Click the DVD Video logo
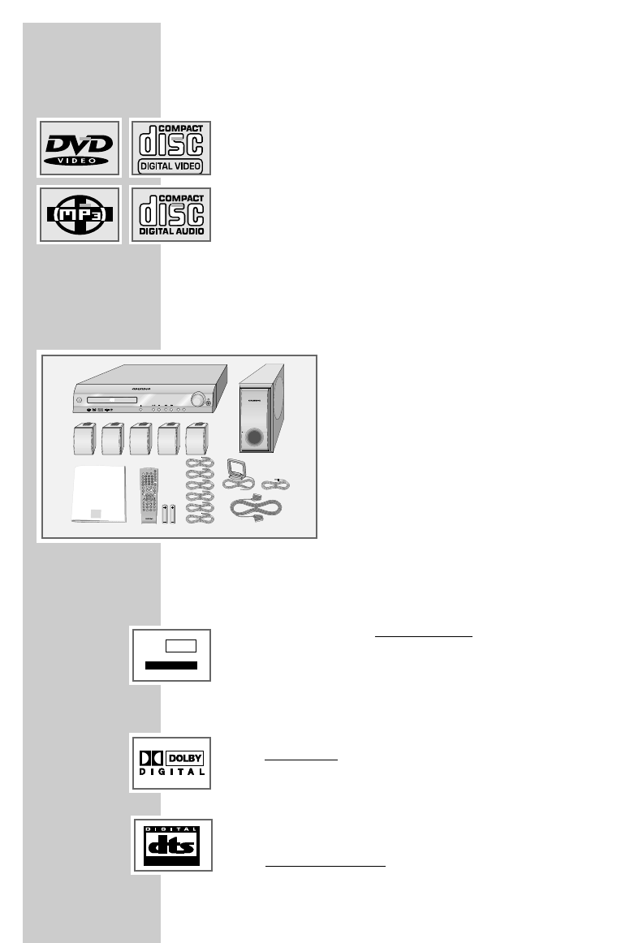(79, 147)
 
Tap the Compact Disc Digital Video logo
(170, 147)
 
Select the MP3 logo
(79, 215)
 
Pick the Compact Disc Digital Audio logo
(170, 215)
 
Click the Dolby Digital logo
(170, 763)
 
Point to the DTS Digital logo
(171, 846)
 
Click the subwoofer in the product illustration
(262, 409)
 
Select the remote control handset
(148, 496)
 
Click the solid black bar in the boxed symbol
(170, 665)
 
